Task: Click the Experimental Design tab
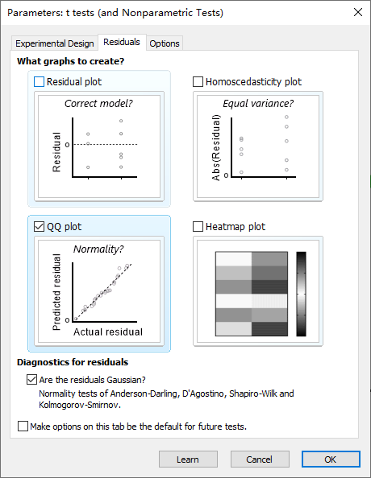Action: point(54,43)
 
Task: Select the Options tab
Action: point(165,43)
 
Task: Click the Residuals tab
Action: point(122,42)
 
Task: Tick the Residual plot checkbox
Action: point(40,82)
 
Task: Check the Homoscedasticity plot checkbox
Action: point(198,82)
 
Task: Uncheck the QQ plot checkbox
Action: point(40,226)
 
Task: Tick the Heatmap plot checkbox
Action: point(198,226)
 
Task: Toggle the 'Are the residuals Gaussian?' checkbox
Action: point(31,380)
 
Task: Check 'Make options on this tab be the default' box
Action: point(23,426)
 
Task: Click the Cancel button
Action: point(260,459)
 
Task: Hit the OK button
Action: point(331,459)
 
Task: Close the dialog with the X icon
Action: point(358,12)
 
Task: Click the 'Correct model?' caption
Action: point(98,104)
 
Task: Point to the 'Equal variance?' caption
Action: point(258,104)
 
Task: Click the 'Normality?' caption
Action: point(98,249)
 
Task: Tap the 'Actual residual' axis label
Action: point(108,332)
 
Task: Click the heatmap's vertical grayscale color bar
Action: point(301,294)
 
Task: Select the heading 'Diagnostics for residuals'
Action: point(73,362)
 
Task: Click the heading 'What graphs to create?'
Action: point(71,61)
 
